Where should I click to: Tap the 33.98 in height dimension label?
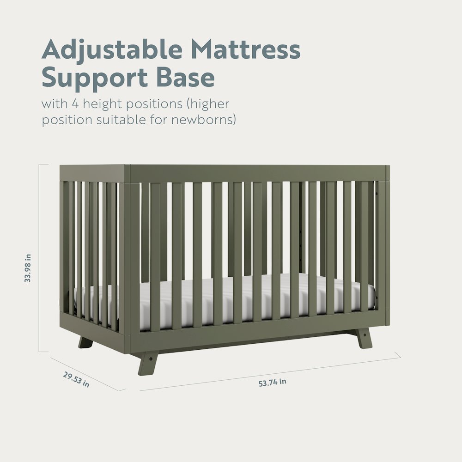pyautogui.click(x=28, y=268)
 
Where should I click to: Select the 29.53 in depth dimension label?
pyautogui.click(x=76, y=379)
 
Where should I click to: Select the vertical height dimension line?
pyautogui.click(x=48, y=259)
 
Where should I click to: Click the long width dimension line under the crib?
pyautogui.click(x=270, y=372)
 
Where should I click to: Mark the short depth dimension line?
pyautogui.click(x=88, y=373)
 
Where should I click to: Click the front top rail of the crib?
pyautogui.click(x=256, y=174)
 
